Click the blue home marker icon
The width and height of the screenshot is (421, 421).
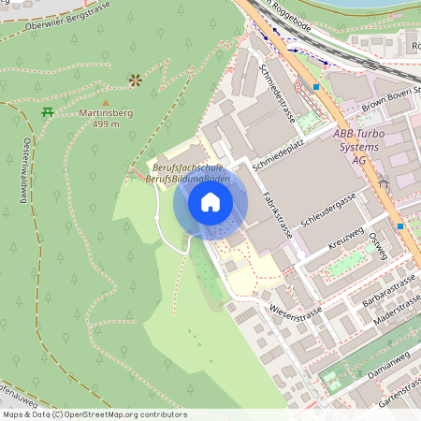click(210, 201)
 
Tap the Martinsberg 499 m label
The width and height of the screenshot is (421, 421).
click(105, 118)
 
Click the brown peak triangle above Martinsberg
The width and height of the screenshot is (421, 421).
click(105, 102)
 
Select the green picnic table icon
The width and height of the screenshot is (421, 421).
click(47, 112)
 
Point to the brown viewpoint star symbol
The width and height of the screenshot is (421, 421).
click(135, 80)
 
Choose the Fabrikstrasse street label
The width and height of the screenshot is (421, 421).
click(276, 211)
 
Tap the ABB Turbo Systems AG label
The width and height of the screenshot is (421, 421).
click(356, 147)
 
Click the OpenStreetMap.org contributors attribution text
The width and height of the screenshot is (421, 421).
click(123, 414)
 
